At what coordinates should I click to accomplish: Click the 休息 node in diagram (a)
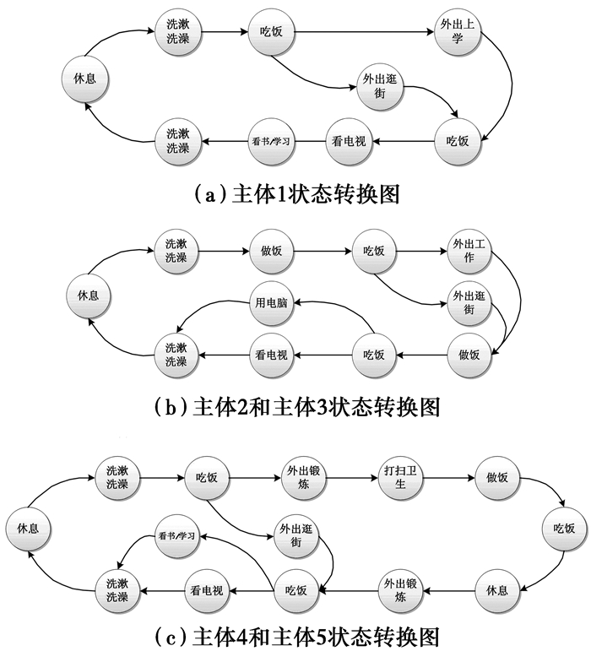(x=84, y=78)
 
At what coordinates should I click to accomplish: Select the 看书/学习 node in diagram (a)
(x=271, y=140)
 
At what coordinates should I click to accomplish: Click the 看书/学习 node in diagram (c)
(x=176, y=536)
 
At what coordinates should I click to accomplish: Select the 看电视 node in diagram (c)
(x=206, y=590)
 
